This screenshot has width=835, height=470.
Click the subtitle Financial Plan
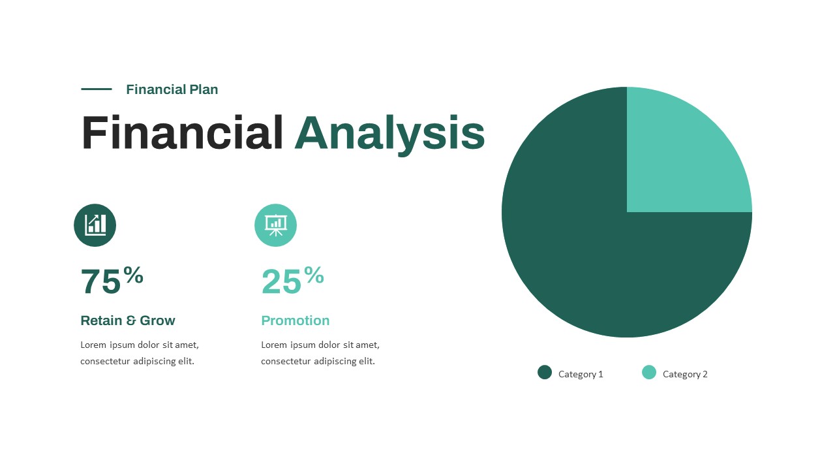(x=172, y=89)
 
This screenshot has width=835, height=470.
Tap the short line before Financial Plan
(x=96, y=89)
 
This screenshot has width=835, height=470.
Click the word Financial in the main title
(x=182, y=133)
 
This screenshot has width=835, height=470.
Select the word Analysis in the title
(x=389, y=133)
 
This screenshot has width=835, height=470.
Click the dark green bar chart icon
(x=95, y=225)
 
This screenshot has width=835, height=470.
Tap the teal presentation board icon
(x=275, y=225)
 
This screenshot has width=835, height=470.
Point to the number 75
(x=100, y=282)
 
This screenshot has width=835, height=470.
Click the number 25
(x=281, y=282)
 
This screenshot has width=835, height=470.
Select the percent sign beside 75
(x=133, y=275)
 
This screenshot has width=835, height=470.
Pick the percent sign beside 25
(x=314, y=275)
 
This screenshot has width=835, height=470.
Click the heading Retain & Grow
(x=128, y=321)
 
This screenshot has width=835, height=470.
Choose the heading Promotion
(x=296, y=321)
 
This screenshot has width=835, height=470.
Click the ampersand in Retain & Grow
(x=131, y=321)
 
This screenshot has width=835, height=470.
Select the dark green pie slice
(x=587, y=255)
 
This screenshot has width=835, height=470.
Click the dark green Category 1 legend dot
(x=545, y=373)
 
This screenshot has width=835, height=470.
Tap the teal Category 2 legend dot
(x=649, y=373)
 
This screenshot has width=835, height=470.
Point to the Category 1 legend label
(x=581, y=374)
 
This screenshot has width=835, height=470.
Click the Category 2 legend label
(x=685, y=374)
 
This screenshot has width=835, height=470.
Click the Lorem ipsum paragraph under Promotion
(x=320, y=353)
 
